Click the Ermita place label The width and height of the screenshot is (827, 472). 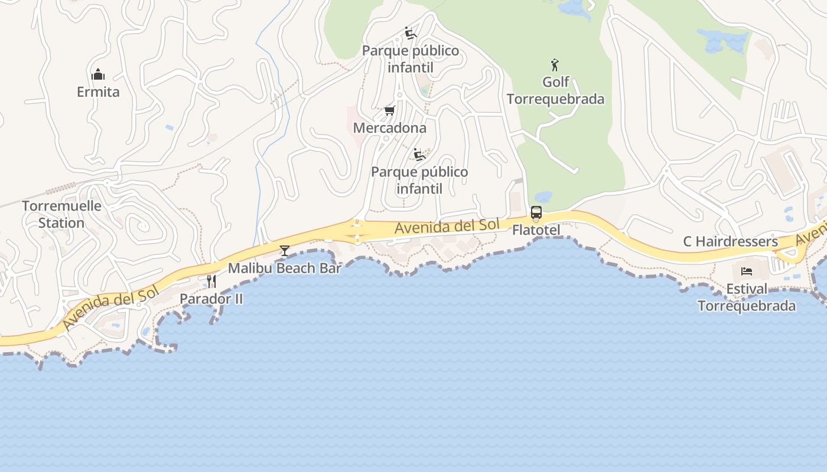98,92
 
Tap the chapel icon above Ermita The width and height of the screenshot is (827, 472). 98,74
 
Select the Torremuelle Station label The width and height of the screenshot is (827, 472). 61,214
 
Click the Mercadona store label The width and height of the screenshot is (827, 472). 389,128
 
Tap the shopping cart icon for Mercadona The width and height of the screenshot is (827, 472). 389,110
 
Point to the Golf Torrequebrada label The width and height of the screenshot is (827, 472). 555,90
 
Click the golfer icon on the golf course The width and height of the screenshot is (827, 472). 554,64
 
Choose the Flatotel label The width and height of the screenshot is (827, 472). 536,230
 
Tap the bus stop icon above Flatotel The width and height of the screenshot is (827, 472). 536,212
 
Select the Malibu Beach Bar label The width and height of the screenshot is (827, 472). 285,268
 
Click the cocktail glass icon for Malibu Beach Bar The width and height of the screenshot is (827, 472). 284,251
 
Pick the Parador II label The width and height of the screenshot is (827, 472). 211,299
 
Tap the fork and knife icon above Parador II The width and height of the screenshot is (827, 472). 211,281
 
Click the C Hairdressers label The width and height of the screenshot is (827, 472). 730,241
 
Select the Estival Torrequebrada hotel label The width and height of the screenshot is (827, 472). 747,297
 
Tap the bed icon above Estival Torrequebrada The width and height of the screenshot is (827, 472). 747,271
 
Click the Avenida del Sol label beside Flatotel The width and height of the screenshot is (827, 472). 447,226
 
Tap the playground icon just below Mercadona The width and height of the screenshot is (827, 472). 419,155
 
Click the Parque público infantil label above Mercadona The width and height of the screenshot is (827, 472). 411,59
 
